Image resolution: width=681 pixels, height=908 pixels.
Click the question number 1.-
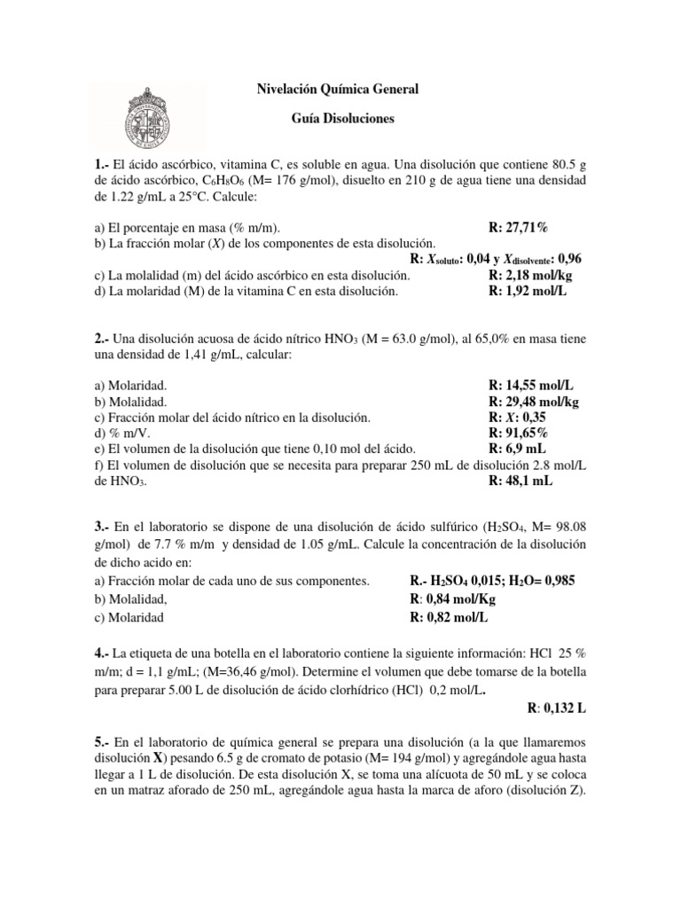pos(104,165)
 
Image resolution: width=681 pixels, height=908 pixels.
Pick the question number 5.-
pos(104,740)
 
